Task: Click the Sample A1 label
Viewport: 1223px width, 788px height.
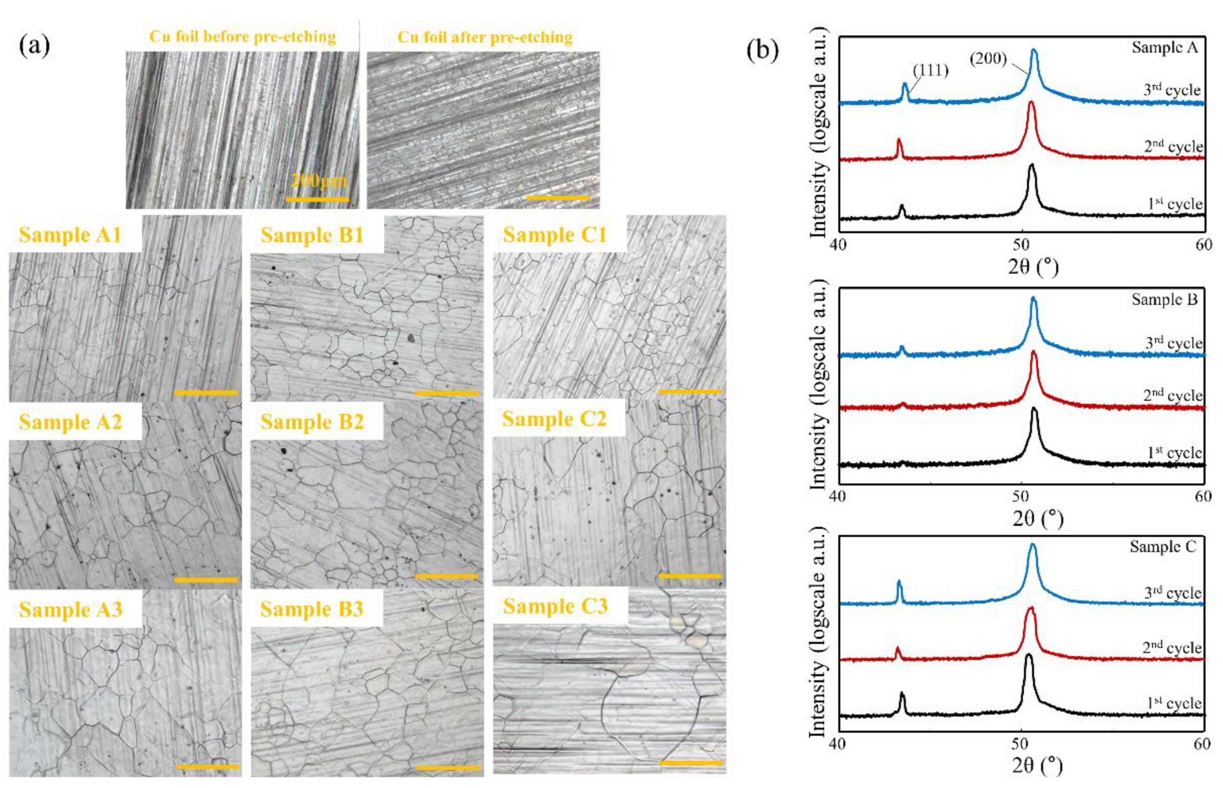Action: (70, 235)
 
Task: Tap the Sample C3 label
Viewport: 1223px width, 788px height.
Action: (555, 606)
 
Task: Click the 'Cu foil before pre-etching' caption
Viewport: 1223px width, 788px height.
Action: (243, 37)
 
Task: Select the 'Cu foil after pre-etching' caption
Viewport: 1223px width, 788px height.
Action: (485, 37)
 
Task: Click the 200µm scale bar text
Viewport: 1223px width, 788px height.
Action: (319, 181)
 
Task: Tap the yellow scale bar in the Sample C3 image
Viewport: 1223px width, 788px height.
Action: (691, 763)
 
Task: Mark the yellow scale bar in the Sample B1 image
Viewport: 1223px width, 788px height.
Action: (447, 393)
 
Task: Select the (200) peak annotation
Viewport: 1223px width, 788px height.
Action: (988, 59)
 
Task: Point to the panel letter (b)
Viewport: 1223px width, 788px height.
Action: (763, 51)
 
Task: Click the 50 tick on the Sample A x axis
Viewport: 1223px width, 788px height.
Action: (1021, 244)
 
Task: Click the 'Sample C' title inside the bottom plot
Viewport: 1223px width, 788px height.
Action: (1162, 546)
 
